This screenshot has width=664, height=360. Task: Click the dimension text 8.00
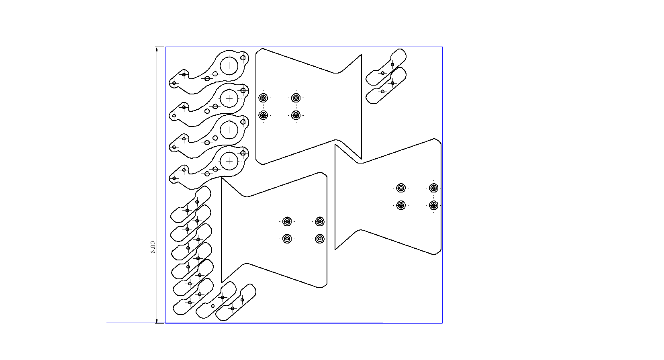pyautogui.click(x=153, y=247)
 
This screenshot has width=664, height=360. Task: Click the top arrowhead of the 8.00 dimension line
pyautogui.click(x=157, y=49)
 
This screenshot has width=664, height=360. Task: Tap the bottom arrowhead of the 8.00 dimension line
pyautogui.click(x=157, y=321)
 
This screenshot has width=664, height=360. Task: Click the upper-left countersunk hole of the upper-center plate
pyautogui.click(x=263, y=98)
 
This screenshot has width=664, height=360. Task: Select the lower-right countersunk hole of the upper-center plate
pyautogui.click(x=296, y=115)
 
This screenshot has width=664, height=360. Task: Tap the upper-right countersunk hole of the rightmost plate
pyautogui.click(x=434, y=188)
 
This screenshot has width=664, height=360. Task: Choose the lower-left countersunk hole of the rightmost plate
pyautogui.click(x=401, y=205)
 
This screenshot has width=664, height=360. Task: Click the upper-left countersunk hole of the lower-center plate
pyautogui.click(x=287, y=221)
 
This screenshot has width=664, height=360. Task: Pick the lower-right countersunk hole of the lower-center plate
pyautogui.click(x=320, y=239)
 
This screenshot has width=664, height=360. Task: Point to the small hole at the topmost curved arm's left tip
pyautogui.click(x=174, y=83)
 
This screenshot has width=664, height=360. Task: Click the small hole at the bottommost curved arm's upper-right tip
pyautogui.click(x=243, y=153)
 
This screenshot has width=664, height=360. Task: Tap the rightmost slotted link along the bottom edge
pyautogui.click(x=236, y=303)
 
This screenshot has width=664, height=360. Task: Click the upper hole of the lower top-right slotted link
pyautogui.click(x=392, y=83)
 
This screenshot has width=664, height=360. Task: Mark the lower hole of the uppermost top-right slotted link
pyautogui.click(x=383, y=73)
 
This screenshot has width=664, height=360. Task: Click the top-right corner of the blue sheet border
pyautogui.click(x=442, y=47)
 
